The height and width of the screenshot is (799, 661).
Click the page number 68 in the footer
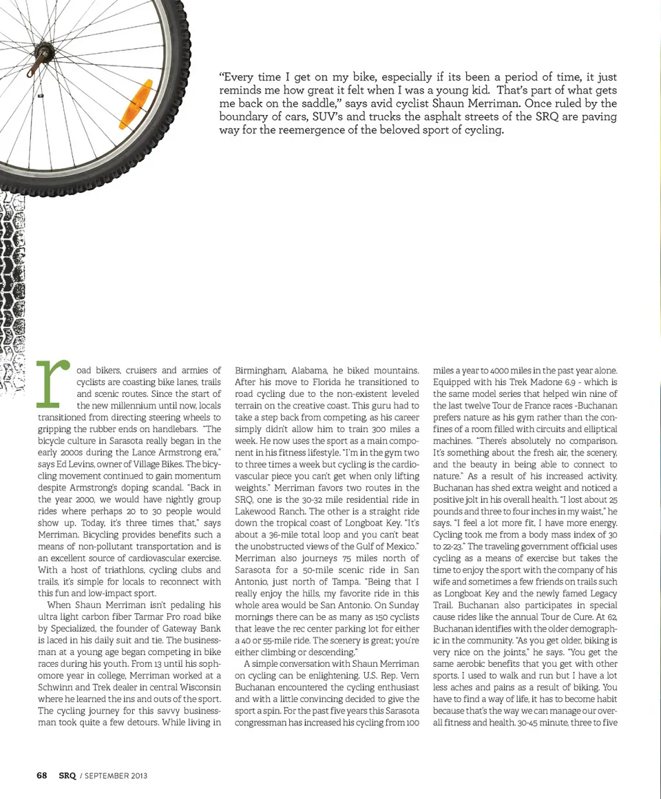pos(42,775)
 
